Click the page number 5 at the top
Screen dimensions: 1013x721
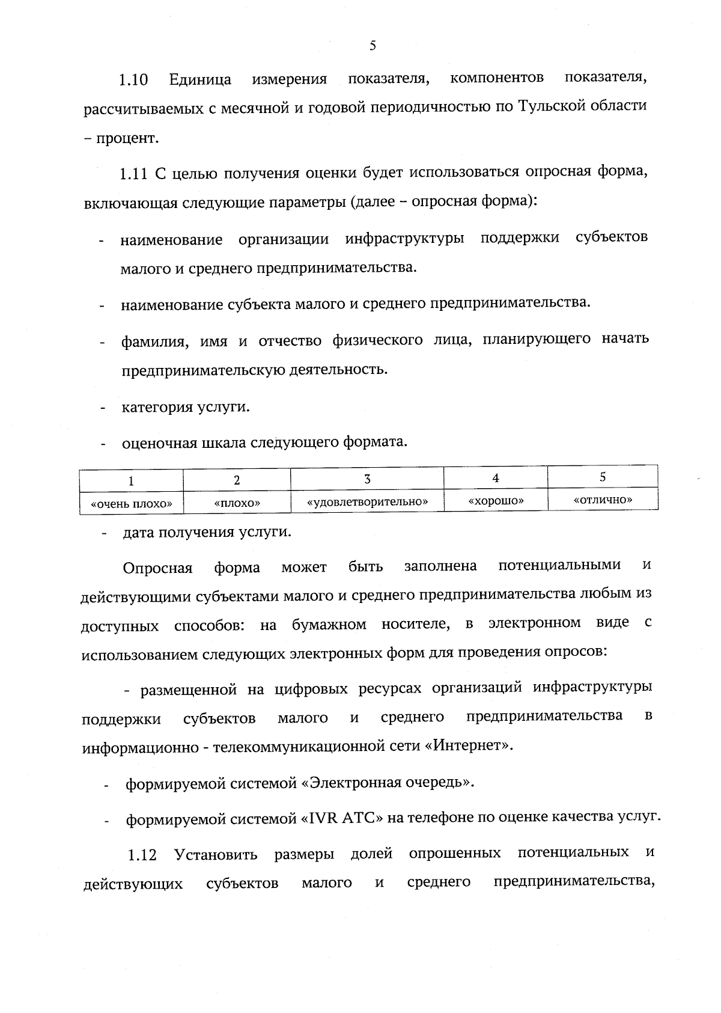coord(373,46)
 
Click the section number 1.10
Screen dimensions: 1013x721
coord(133,80)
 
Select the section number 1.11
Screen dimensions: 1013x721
coord(133,174)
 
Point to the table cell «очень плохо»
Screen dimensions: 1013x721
coord(131,503)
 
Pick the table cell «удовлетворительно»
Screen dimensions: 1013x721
coord(367,501)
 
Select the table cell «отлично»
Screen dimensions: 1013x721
coord(603,499)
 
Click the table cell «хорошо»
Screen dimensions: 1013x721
coord(496,500)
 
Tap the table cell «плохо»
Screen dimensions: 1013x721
coord(237,503)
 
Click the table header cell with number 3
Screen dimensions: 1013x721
coord(367,479)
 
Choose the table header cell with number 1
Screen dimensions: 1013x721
coord(131,481)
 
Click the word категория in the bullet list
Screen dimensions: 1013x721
coord(156,408)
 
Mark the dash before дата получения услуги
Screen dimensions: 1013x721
coord(106,533)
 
